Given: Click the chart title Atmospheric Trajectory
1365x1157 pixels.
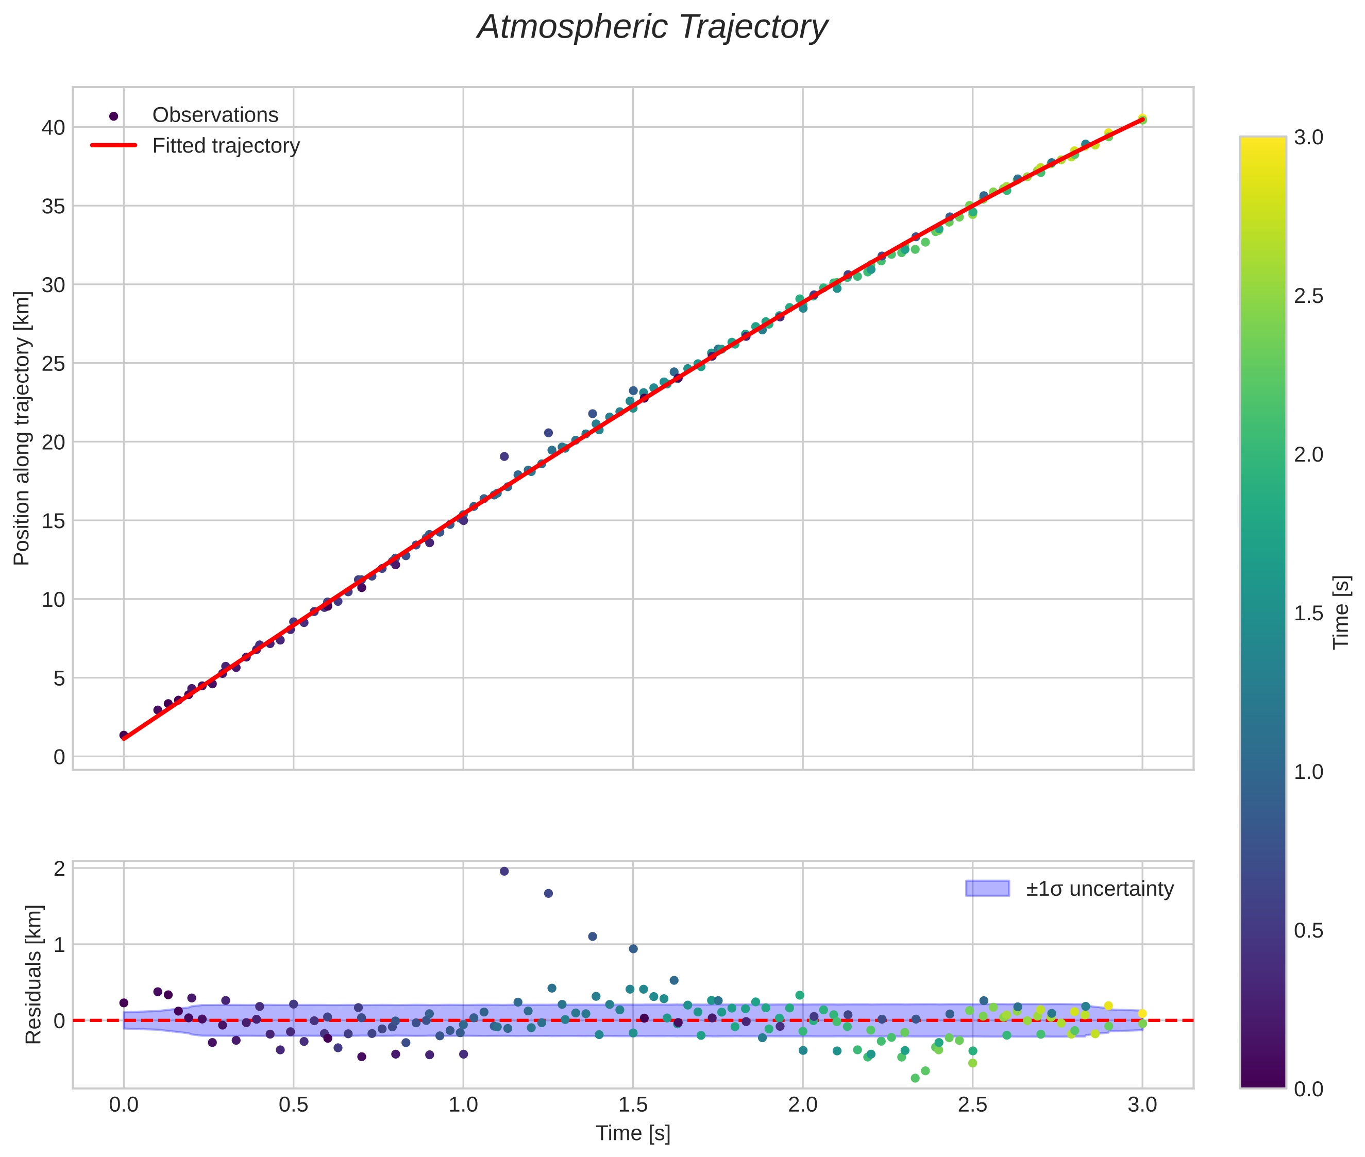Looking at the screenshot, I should [652, 27].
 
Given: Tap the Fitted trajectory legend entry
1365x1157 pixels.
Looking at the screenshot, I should [226, 146].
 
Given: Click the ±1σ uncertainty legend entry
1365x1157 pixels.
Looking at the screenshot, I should [1099, 889].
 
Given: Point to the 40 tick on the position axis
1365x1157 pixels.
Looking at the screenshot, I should [53, 127].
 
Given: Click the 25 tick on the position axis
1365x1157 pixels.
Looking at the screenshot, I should [53, 363].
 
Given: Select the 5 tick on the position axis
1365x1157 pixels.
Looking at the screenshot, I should [59, 678].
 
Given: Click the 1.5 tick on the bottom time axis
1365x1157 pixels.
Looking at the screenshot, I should [633, 1105].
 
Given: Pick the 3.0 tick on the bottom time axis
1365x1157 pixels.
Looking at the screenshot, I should [1142, 1105].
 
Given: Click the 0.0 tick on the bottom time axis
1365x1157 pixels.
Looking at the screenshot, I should [123, 1105].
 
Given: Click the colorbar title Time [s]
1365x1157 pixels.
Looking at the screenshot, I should [1341, 612].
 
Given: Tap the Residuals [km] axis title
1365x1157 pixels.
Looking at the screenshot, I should [33, 975].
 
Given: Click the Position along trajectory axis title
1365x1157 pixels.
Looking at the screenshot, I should [22, 428].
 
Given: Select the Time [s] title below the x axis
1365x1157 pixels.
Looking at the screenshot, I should [633, 1133].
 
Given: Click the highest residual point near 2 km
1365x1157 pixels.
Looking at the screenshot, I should [504, 871].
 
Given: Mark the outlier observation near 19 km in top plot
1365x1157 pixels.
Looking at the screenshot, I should [504, 456].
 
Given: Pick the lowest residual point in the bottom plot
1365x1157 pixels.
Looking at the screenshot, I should [915, 1078].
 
